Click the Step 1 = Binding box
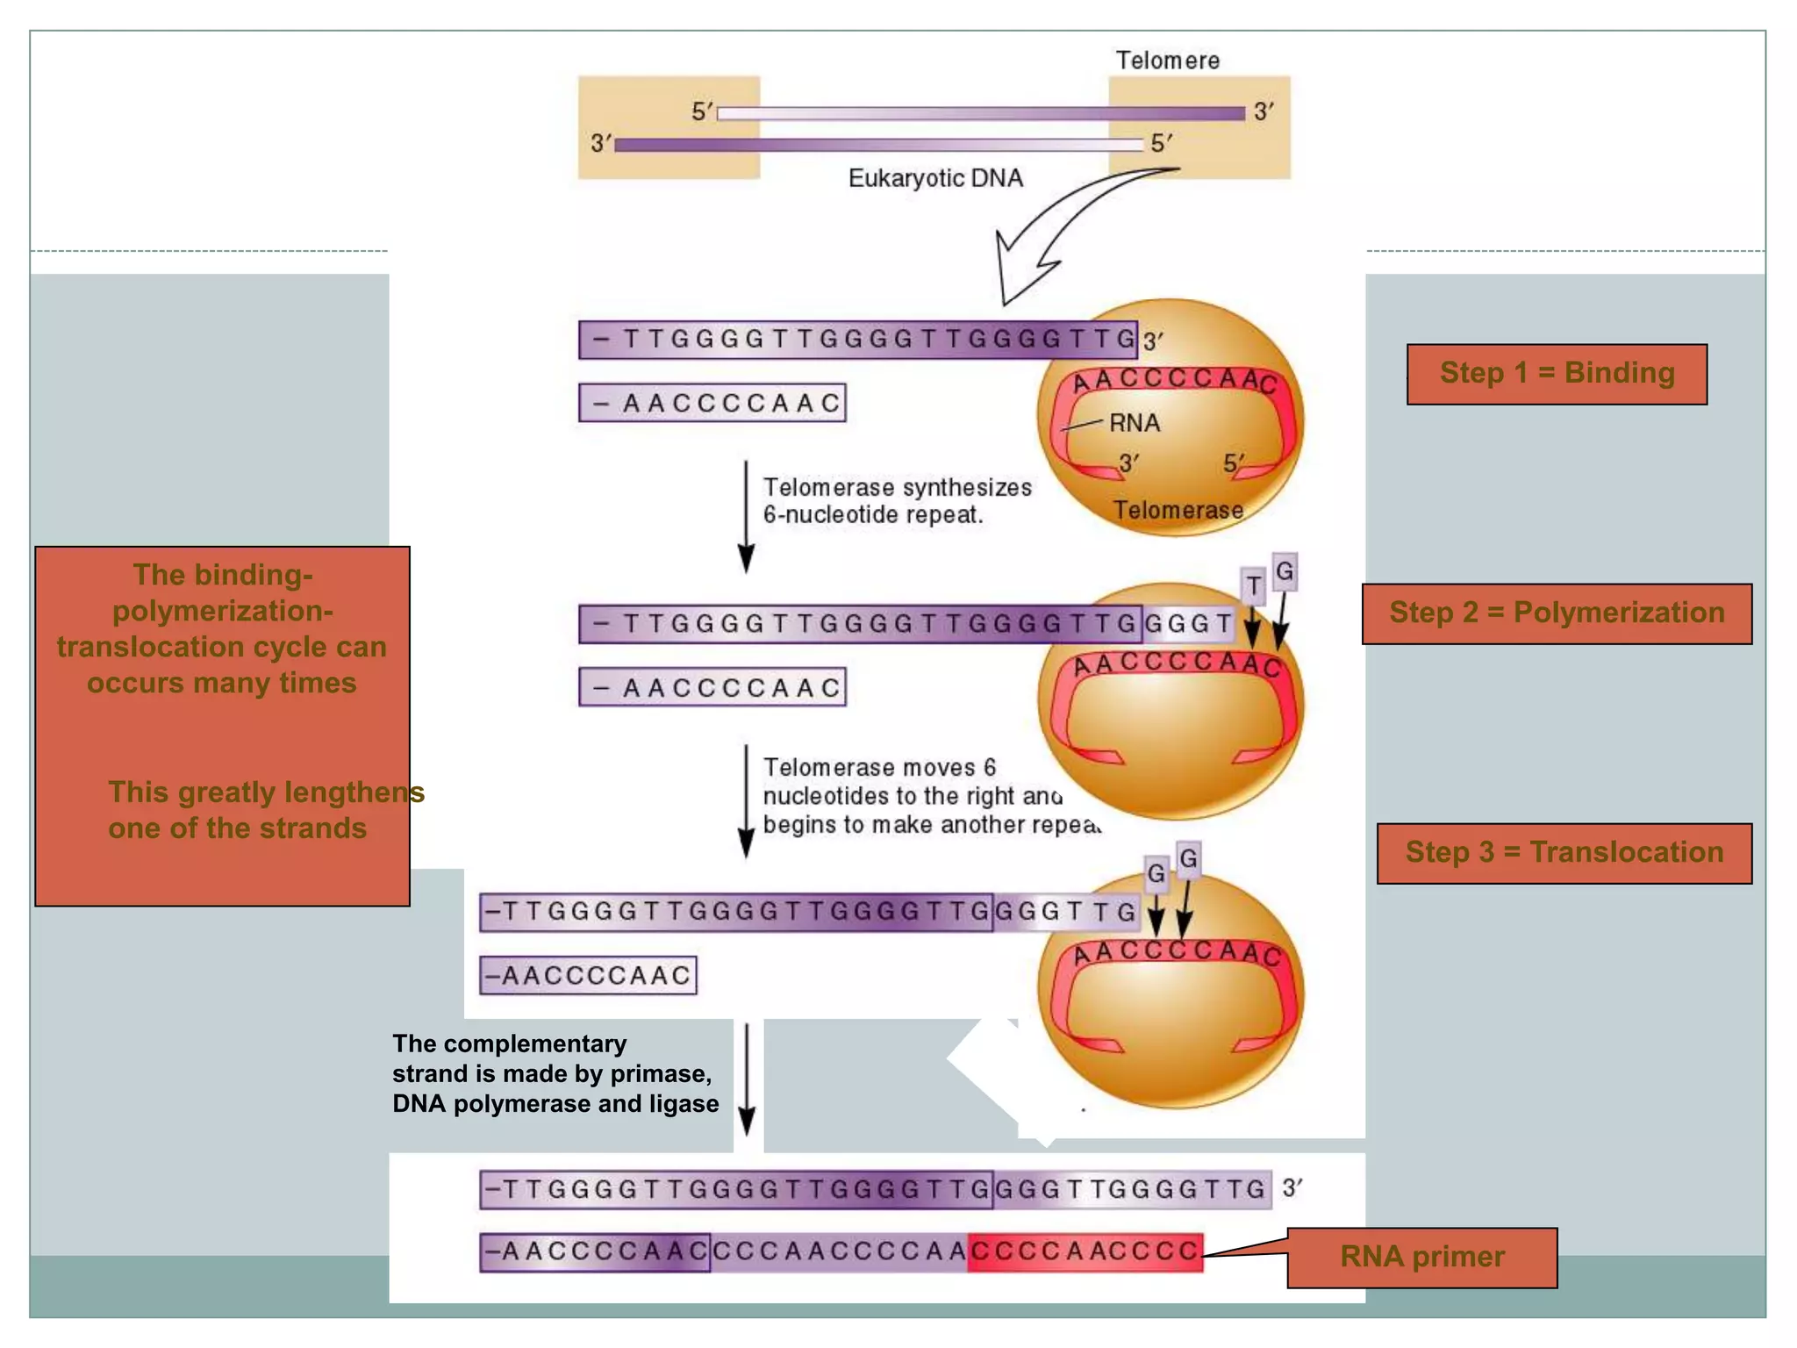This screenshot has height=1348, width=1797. pos(1557,374)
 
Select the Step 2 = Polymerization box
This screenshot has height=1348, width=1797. pos(1557,613)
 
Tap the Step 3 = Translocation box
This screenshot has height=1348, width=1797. pos(1564,853)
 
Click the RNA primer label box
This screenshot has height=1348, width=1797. pos(1421,1257)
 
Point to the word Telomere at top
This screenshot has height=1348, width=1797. pos(1167,61)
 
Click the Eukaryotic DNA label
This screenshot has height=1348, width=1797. pos(935,178)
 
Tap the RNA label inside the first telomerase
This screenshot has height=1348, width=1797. pos(1134,423)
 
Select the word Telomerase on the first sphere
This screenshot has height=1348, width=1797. pos(1178,510)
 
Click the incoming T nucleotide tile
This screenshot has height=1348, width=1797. pos(1254,585)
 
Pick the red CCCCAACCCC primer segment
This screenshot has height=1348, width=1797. pos(1085,1251)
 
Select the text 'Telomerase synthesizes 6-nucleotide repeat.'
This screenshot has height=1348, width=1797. pos(897,501)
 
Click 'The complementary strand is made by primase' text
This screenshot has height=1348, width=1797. pos(555,1073)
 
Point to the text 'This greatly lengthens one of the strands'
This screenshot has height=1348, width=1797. pos(263,810)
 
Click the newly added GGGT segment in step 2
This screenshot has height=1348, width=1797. pos(1188,624)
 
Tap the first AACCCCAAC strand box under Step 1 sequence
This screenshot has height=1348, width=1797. pos(712,403)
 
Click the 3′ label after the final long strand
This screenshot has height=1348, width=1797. pos(1292,1188)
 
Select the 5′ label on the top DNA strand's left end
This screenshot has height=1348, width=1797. pos(703,111)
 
